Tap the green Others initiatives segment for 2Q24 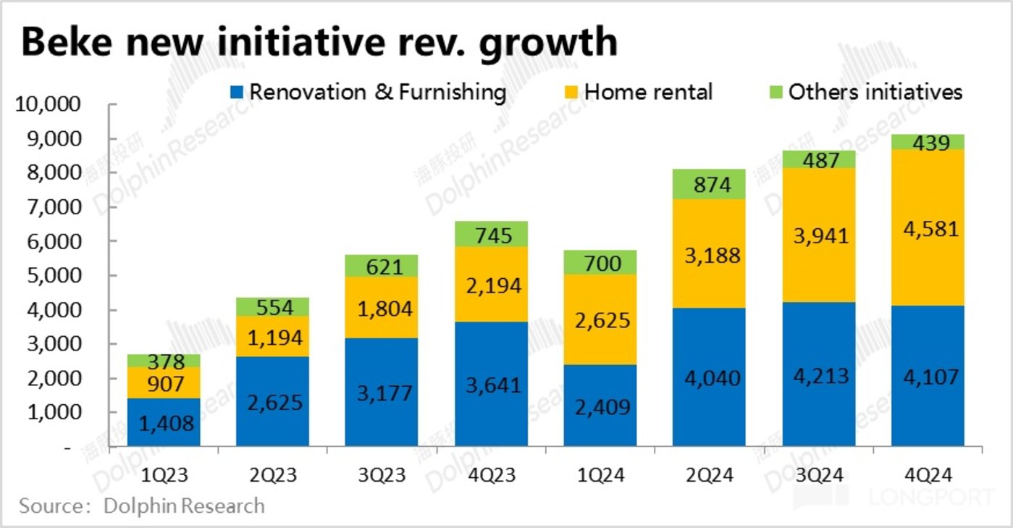click(709, 185)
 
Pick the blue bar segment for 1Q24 click(600, 406)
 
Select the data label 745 click(491, 235)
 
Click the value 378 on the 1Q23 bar click(164, 361)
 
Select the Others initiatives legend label click(875, 92)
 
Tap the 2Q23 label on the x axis click(272, 475)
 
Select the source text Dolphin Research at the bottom click(184, 505)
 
